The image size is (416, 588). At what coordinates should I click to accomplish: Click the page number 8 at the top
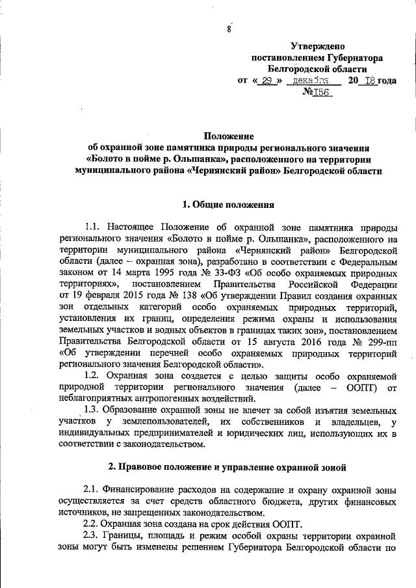[x=229, y=29]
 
